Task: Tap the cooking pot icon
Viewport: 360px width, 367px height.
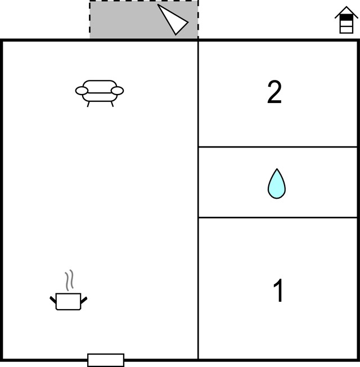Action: [68, 301]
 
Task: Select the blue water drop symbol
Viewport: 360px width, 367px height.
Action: [277, 184]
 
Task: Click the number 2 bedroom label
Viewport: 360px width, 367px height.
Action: [274, 92]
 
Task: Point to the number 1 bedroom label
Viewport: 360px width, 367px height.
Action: [278, 290]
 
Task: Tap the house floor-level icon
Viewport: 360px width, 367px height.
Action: [346, 20]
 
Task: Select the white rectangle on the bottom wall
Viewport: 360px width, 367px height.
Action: [106, 360]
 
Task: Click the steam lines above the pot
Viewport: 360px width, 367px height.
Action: [70, 280]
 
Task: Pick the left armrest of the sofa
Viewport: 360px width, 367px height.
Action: [82, 91]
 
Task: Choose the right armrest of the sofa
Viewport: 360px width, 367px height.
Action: [117, 91]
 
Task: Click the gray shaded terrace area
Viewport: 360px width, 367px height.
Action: [131, 20]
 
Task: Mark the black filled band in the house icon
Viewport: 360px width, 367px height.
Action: [346, 17]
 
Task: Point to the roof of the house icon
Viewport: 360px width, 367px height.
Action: [346, 11]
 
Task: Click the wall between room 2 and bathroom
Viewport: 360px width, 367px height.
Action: [278, 147]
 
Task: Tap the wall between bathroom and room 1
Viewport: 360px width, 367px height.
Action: [278, 218]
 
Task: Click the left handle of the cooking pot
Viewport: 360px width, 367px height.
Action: [53, 300]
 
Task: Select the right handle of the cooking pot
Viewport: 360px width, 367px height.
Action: [84, 300]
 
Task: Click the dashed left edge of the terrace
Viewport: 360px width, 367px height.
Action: [90, 20]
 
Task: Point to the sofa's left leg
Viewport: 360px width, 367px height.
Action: [88, 104]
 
